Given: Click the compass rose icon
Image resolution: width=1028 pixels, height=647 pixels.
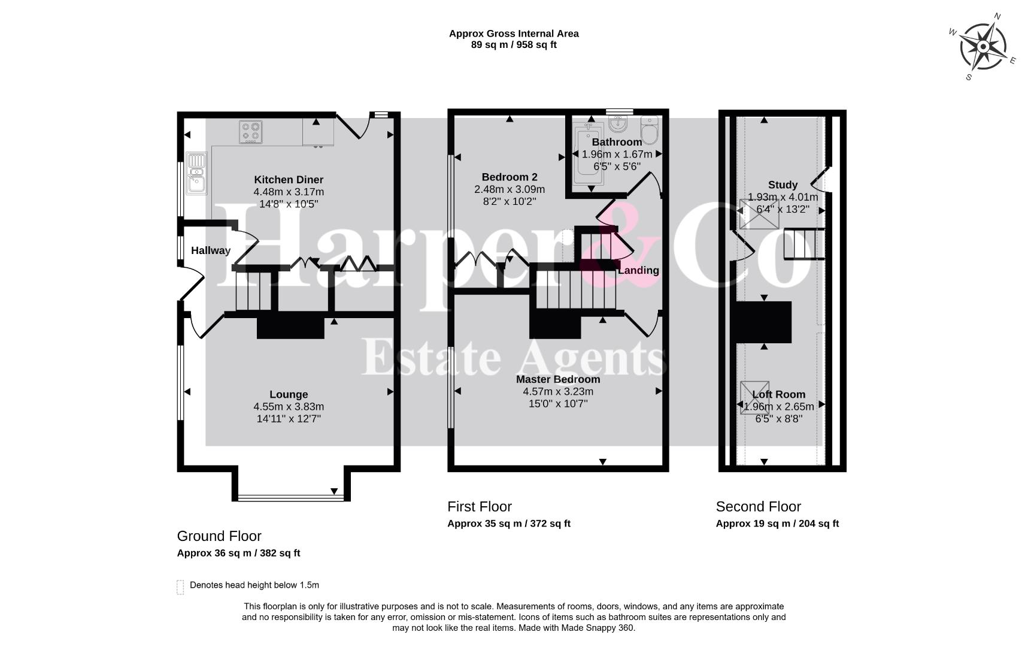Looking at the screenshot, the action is tap(982, 47).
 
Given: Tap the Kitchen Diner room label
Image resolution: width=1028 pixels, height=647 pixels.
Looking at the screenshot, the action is tap(289, 180).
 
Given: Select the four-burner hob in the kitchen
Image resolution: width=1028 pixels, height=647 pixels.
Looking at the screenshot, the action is tap(251, 132).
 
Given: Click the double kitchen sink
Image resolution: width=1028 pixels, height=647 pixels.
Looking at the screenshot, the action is tap(196, 173).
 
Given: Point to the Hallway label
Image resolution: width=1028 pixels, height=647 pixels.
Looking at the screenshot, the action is tap(211, 250).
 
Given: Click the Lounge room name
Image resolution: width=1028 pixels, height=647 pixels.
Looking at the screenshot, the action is tap(289, 394).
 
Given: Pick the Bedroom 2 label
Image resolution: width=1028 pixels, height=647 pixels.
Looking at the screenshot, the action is tap(510, 177).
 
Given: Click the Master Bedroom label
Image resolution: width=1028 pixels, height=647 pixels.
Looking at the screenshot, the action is tap(558, 379).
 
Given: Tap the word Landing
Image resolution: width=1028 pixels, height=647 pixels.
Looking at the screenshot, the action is tap(638, 270).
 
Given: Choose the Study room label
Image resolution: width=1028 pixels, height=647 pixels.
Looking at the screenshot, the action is tap(783, 185).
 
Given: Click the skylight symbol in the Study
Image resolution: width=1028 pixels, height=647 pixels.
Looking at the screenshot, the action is tap(759, 214).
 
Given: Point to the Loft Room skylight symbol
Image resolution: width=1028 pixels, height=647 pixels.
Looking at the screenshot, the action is tap(755, 398).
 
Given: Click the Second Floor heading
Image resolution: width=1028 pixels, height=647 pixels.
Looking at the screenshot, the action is tap(758, 507).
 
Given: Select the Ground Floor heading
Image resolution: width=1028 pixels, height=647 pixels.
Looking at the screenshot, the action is tap(219, 536).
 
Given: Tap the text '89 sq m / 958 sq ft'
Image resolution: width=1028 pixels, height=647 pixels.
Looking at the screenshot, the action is tap(514, 44).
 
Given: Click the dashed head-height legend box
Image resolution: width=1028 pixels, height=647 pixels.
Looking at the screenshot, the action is tap(180, 587).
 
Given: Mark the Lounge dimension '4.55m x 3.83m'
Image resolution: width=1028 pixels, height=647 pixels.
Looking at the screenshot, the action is tap(289, 407).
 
